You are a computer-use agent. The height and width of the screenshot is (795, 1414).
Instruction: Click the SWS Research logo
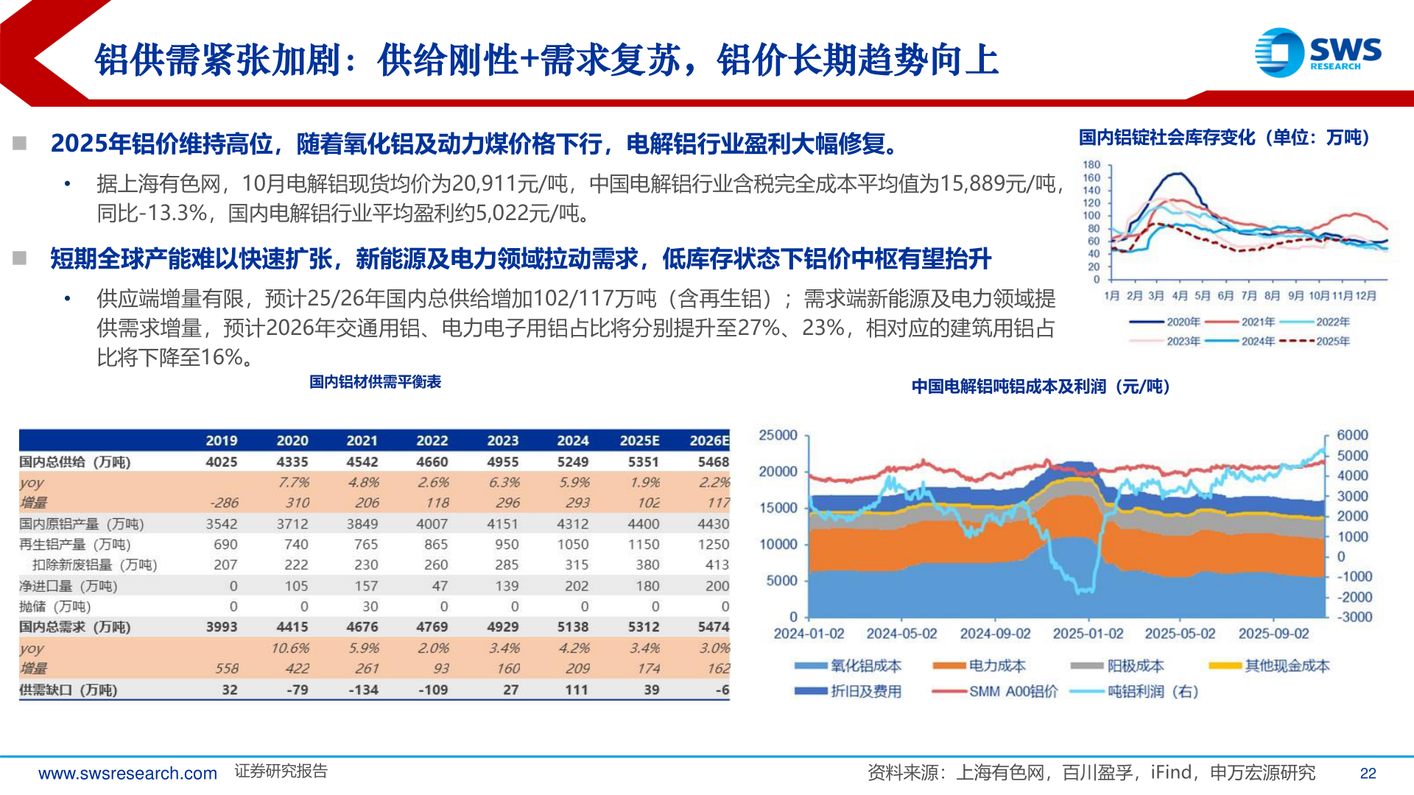pos(1318,52)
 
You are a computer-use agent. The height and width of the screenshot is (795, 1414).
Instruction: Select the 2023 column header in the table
pos(502,440)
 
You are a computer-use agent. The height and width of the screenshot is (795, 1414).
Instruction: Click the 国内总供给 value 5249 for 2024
pos(572,462)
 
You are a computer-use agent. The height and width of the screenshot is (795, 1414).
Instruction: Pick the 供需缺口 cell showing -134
pos(362,690)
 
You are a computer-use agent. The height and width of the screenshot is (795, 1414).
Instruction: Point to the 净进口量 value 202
pos(576,586)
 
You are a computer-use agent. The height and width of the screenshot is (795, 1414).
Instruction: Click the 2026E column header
pos(708,440)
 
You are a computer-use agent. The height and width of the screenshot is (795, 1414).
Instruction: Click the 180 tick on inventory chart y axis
pos(1091,165)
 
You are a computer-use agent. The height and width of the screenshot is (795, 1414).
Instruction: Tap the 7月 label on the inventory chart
pos(1249,296)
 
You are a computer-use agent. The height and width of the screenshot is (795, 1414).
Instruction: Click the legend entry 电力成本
pos(996,666)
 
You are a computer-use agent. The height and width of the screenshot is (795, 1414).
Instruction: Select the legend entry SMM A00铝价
pos(1013,692)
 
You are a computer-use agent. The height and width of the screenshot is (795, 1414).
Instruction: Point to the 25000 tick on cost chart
pos(778,435)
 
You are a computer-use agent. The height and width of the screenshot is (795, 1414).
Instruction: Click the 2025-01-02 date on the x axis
pos(1088,634)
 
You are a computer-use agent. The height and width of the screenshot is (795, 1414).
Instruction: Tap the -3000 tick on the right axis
pos(1354,617)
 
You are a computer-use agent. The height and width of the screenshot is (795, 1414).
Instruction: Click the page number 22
pos(1368,774)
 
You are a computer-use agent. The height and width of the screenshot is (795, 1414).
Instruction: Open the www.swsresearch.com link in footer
pos(127,774)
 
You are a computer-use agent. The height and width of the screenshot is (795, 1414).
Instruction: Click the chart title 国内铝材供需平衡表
pos(375,382)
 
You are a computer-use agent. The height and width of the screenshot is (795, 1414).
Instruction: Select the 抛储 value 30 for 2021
pos(370,607)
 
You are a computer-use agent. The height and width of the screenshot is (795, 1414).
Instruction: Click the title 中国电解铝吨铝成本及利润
pos(1040,386)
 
